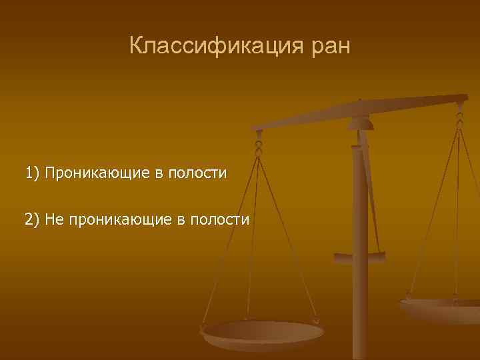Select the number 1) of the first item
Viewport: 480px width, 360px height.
[33, 174]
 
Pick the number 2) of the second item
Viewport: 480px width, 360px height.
[33, 220]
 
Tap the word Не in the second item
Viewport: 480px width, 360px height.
[53, 220]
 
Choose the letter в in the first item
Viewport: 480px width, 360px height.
[157, 175]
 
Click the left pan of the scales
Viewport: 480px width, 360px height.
[263, 333]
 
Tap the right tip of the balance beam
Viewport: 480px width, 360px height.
[465, 99]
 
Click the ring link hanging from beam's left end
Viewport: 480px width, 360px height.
[259, 143]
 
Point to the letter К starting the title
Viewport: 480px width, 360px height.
[136, 47]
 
